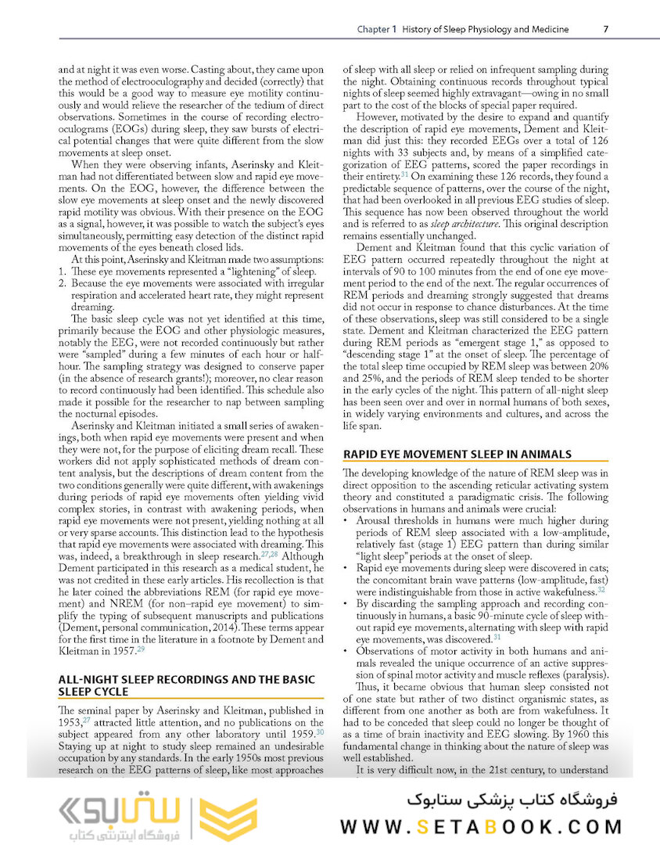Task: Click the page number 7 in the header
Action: [606, 30]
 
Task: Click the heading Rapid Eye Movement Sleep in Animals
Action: [457, 454]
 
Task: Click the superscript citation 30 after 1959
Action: [320, 732]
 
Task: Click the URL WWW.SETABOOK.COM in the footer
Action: [482, 827]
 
